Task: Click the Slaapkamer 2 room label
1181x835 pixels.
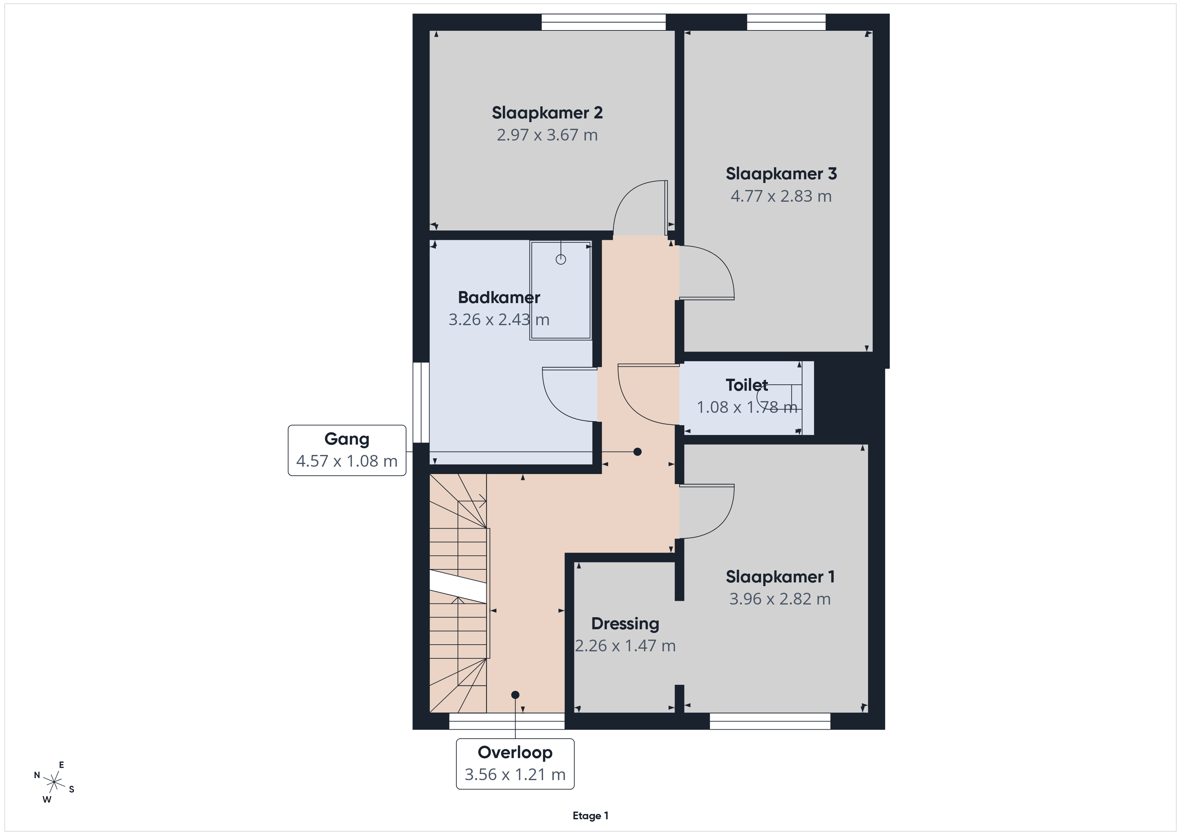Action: tap(547, 113)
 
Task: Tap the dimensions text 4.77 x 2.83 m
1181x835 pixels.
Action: tap(781, 196)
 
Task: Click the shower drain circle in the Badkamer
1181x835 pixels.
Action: tap(561, 260)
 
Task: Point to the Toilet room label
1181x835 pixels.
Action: tap(747, 385)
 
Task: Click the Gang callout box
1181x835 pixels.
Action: tap(347, 450)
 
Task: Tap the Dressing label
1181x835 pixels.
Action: tap(625, 624)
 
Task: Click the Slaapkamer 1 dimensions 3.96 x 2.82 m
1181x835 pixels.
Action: tap(780, 599)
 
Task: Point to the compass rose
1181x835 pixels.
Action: tap(54, 782)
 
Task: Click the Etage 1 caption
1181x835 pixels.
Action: tap(590, 816)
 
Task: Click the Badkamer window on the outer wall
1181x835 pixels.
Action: tap(421, 402)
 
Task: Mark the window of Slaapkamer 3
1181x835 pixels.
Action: tap(786, 22)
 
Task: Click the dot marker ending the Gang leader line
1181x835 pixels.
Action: tap(637, 452)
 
